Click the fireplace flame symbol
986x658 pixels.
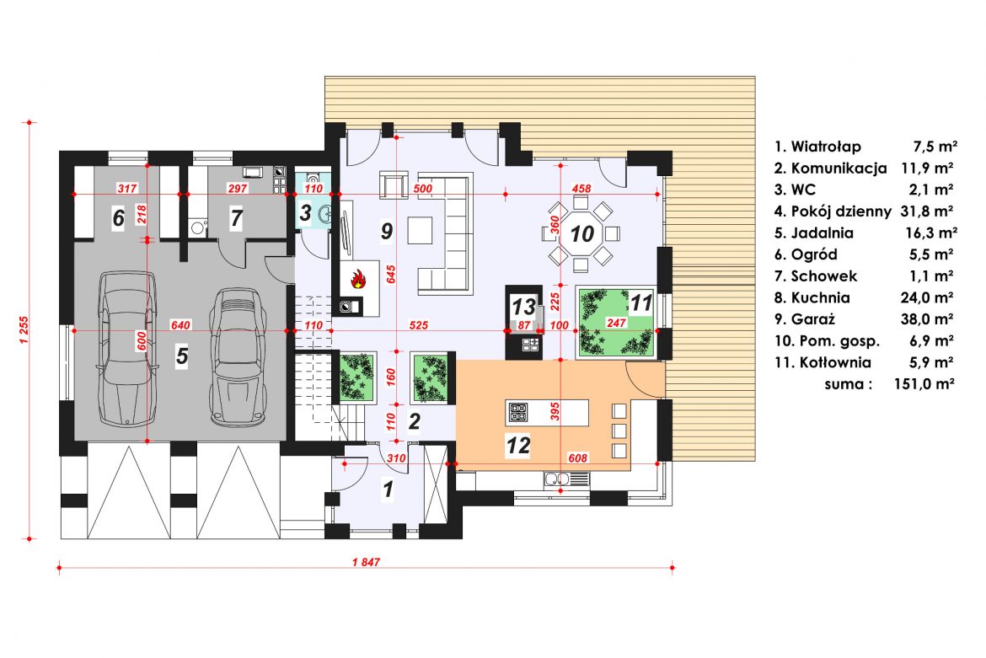(x=358, y=278)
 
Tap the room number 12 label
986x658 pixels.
(x=518, y=445)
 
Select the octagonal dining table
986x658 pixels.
(x=581, y=233)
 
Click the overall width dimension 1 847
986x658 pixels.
(x=366, y=562)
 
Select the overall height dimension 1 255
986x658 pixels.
(x=24, y=329)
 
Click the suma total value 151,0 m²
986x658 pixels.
(x=924, y=384)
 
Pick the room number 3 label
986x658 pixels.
(x=305, y=212)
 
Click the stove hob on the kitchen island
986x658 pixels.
(x=518, y=412)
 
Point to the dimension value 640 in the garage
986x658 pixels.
(x=180, y=325)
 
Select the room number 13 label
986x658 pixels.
(x=524, y=307)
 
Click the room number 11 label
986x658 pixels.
(x=641, y=303)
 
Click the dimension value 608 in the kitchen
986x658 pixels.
(x=577, y=458)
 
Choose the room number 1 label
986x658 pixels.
(x=388, y=489)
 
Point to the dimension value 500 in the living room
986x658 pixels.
(x=422, y=189)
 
